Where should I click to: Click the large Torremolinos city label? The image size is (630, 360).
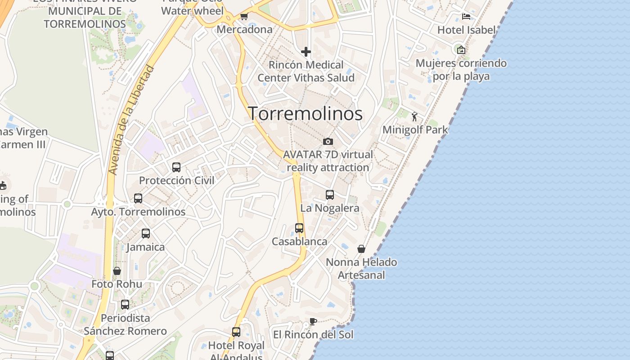[x=305, y=113]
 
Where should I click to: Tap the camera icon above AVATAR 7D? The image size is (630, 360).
[x=328, y=141]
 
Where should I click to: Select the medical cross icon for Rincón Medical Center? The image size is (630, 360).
[x=306, y=52]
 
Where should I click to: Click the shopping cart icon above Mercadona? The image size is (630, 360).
[x=244, y=17]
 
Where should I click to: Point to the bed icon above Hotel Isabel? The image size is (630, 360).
[x=466, y=17]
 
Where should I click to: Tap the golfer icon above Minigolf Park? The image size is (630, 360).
[x=414, y=117]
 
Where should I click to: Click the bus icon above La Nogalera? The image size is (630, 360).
[x=330, y=195]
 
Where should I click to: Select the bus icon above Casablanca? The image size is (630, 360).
[x=299, y=228]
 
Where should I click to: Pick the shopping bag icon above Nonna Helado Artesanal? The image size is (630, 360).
[x=361, y=249]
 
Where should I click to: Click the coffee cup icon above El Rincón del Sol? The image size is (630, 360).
[x=313, y=321]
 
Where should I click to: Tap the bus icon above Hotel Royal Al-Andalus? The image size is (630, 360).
[x=236, y=332]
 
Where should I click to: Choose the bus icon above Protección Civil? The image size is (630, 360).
[x=176, y=167]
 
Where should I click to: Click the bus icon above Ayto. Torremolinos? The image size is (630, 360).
[x=138, y=198]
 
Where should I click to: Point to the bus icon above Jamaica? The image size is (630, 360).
[x=146, y=234]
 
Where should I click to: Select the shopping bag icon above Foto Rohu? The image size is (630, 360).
[x=117, y=271]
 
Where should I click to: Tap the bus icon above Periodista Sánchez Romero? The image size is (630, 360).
[x=125, y=305]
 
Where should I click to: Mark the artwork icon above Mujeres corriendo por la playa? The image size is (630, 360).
[x=461, y=49]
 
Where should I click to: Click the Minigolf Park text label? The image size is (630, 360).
[x=415, y=130]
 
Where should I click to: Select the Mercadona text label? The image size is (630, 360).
[x=244, y=30]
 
